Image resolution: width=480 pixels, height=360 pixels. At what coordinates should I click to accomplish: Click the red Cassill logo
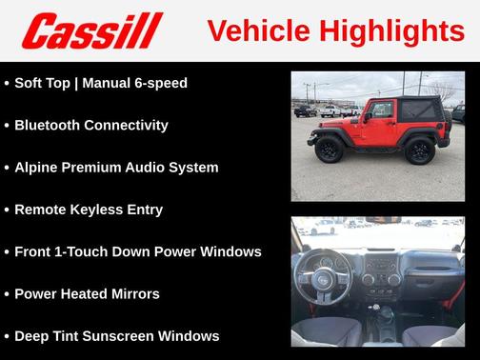click(x=93, y=30)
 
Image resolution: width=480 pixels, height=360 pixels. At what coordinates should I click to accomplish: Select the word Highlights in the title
click(x=388, y=30)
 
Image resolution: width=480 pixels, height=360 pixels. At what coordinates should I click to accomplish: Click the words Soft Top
click(x=43, y=83)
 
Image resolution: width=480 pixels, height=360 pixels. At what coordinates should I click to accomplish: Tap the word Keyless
click(x=102, y=210)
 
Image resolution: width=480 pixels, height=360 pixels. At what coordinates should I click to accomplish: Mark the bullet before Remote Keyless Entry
click(x=7, y=210)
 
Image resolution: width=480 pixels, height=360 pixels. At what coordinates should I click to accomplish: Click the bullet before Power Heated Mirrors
click(x=7, y=293)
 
